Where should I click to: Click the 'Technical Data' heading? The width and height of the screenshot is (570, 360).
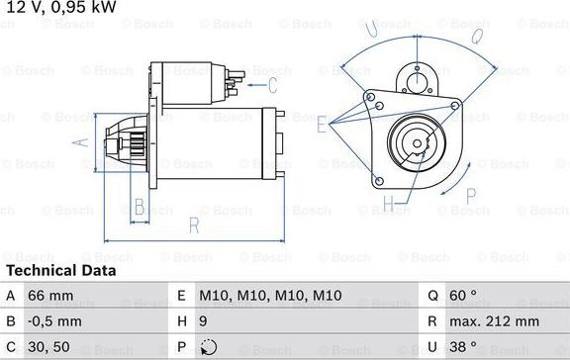pos(60,270)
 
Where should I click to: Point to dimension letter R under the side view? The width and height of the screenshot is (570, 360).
pos(194,226)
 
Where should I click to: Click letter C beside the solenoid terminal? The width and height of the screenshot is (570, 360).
pos(286,85)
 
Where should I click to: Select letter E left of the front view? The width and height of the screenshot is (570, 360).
pos(322,125)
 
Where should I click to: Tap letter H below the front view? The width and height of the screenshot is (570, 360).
pos(389,204)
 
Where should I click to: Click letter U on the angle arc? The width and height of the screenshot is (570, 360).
pos(372,30)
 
